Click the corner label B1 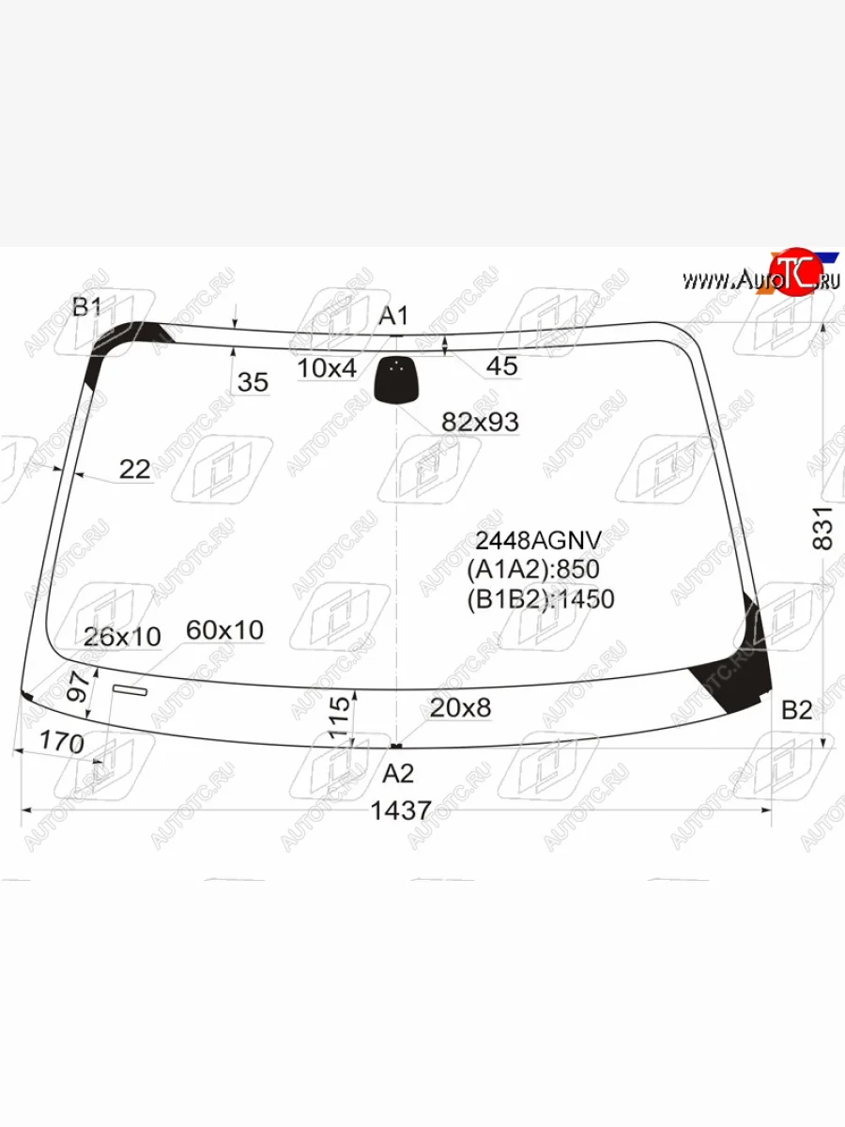[x=86, y=307]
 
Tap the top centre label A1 [x=393, y=316]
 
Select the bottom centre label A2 [x=397, y=773]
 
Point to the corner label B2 [x=797, y=710]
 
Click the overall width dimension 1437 [x=401, y=811]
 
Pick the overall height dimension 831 [x=822, y=529]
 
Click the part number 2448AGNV [x=538, y=540]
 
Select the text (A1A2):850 [x=533, y=569]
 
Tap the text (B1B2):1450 [x=541, y=599]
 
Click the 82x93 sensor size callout [x=480, y=422]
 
